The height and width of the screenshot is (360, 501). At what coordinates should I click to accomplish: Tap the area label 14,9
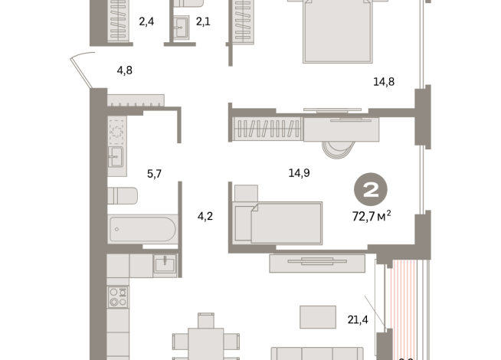(299, 173)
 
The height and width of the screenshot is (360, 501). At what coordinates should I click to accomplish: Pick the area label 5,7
(154, 174)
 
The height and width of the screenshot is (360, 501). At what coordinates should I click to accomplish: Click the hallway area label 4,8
(125, 71)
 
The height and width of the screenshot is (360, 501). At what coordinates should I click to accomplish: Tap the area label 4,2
(205, 216)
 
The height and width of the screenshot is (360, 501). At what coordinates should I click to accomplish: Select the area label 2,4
(146, 22)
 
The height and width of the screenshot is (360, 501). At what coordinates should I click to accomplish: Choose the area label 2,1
(203, 22)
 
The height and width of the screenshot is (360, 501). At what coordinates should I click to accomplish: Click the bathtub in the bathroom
(142, 228)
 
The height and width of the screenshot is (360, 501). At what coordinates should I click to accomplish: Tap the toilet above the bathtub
(123, 197)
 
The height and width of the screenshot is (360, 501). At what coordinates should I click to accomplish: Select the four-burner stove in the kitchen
(117, 296)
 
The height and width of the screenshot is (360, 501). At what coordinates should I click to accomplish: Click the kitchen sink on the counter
(164, 264)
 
